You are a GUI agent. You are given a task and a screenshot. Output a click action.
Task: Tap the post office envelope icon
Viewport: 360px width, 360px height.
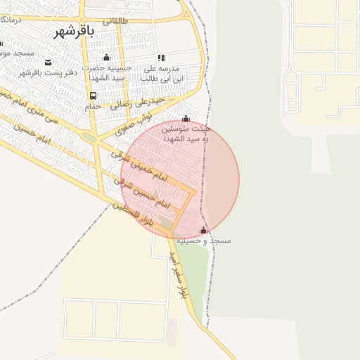click(x=48, y=62)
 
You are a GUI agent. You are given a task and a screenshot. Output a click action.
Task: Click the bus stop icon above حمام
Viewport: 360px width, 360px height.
click(x=93, y=96)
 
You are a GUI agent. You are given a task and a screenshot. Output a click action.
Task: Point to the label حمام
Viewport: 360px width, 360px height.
click(x=93, y=105)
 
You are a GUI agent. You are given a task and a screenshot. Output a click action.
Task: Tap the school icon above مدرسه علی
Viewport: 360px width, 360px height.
click(x=161, y=58)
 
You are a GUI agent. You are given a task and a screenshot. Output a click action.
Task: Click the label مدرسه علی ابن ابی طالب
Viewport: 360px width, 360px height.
click(x=161, y=74)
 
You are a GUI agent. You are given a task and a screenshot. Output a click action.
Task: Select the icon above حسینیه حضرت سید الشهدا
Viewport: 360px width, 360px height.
click(x=106, y=58)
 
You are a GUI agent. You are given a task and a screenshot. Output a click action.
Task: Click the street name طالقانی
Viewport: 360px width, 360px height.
click(x=117, y=21)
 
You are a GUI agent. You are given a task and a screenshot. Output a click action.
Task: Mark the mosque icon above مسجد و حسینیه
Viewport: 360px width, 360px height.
click(x=204, y=231)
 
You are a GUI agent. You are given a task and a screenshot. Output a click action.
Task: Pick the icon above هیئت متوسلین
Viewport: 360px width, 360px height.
click(x=186, y=119)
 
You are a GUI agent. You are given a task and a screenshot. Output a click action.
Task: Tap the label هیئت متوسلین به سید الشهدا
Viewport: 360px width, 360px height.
click(x=186, y=134)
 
